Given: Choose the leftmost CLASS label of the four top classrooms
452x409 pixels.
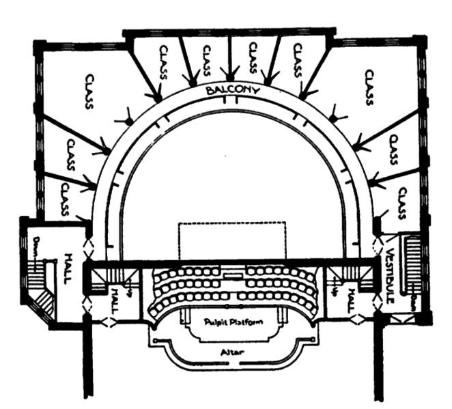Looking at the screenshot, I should tap(162, 63).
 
